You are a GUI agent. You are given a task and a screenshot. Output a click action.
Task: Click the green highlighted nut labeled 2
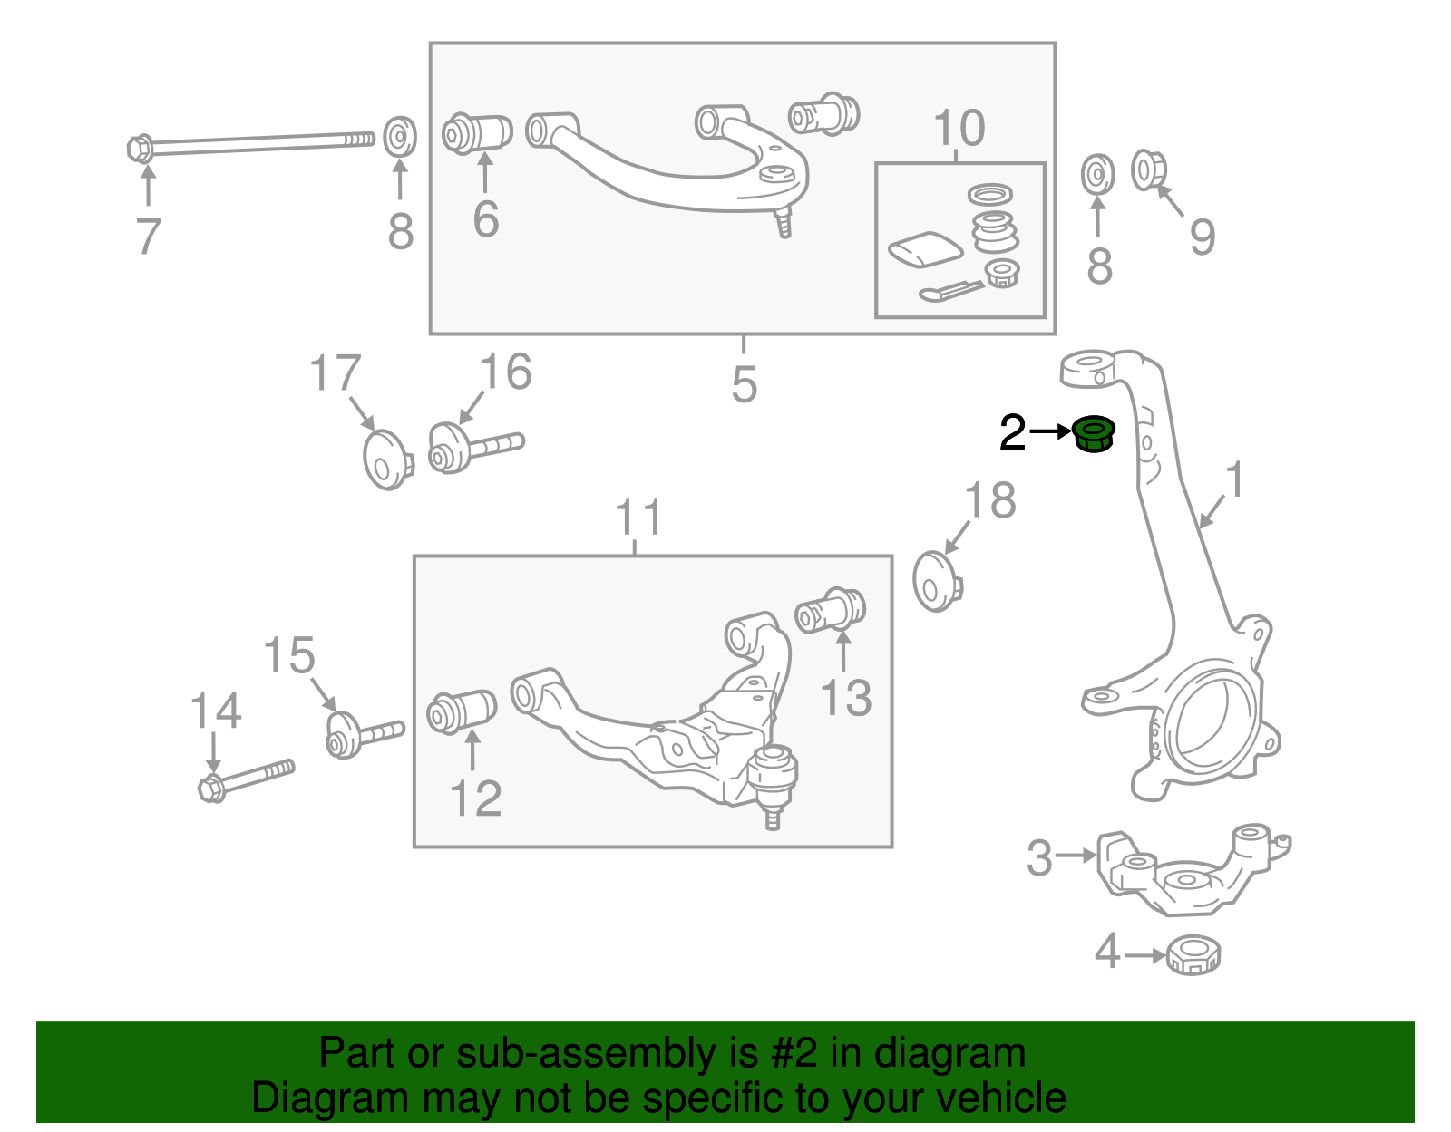point(1094,434)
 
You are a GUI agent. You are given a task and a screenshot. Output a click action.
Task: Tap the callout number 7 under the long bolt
point(148,237)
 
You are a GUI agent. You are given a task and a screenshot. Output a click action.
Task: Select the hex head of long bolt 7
point(140,148)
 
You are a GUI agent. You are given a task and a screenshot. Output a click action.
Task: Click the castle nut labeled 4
point(1193,954)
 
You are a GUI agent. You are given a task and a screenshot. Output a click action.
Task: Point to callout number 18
point(989,501)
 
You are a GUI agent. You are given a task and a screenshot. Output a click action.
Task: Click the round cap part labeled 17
point(386,459)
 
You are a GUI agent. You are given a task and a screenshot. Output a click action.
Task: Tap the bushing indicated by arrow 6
point(478,133)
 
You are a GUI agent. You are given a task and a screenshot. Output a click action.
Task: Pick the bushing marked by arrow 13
point(832,611)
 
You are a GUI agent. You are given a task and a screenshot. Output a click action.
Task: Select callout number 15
point(288,656)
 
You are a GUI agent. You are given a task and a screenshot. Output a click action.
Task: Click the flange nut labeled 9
point(1148,169)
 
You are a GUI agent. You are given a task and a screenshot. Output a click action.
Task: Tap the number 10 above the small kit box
point(959,129)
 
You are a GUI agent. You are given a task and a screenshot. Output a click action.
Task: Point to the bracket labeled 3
point(1179,870)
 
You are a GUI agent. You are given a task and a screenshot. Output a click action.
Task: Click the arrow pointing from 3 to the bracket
point(1076,855)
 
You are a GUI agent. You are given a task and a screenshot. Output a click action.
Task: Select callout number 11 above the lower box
point(638,518)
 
